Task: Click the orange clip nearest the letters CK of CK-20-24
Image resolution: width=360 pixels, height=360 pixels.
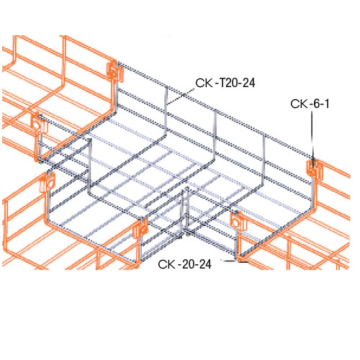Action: (x=140, y=230)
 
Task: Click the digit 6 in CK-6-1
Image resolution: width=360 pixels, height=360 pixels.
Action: (x=316, y=105)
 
